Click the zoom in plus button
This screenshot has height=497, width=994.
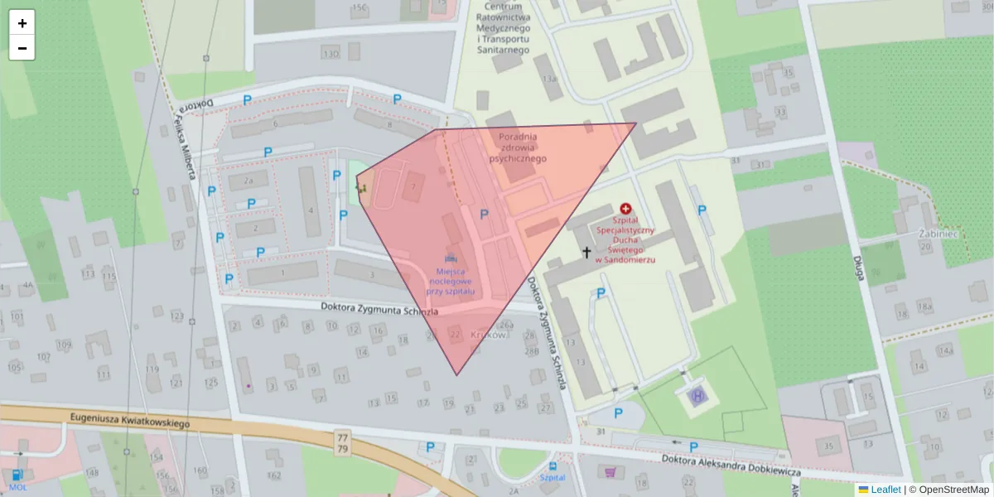click(22, 23)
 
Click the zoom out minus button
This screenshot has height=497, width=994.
click(22, 48)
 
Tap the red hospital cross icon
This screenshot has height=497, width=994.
click(625, 210)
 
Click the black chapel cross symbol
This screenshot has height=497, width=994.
click(587, 252)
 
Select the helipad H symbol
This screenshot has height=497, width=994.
click(697, 397)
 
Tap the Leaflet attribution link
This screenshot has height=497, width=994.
click(885, 490)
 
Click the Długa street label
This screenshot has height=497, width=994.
click(857, 265)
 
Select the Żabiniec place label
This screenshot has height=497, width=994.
click(939, 234)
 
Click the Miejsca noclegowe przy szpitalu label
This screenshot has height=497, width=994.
click(451, 282)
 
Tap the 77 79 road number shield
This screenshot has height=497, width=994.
click(343, 442)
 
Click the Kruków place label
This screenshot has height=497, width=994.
click(488, 335)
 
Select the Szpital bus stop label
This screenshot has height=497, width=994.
click(552, 478)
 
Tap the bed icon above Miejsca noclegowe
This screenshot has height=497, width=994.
click(451, 252)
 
